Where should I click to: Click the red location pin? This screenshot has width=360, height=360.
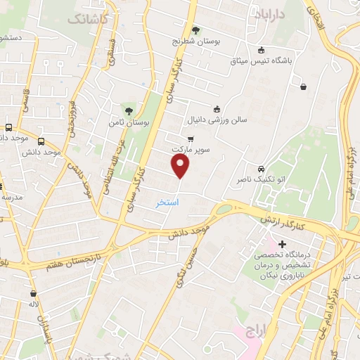(x=181, y=166)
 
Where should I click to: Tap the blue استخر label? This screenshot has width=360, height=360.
(x=167, y=202)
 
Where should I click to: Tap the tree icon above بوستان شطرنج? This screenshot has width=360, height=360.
(x=195, y=30)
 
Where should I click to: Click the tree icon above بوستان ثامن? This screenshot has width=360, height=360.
(x=128, y=110)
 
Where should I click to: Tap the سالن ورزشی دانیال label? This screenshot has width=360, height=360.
(x=217, y=120)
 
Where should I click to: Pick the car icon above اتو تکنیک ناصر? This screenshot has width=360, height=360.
(x=261, y=169)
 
